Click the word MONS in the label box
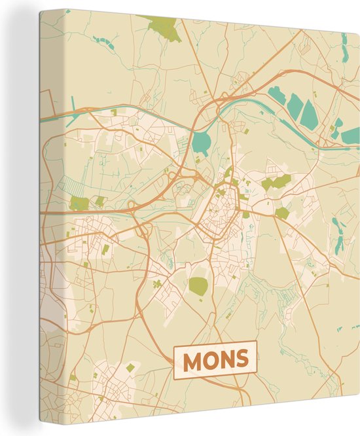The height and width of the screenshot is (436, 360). [x=215, y=359]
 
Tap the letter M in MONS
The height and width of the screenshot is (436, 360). [x=193, y=359]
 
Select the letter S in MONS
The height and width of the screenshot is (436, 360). [x=241, y=359]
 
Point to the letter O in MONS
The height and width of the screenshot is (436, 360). [x=209, y=359]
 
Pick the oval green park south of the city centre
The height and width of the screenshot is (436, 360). [x=198, y=285]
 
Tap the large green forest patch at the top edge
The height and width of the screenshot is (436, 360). [x=164, y=28]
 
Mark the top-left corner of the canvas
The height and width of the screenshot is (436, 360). [x=41, y=11]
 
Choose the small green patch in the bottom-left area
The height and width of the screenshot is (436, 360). [x=131, y=367]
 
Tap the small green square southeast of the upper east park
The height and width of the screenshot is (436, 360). [x=282, y=213]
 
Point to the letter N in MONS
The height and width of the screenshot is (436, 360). [x=226, y=359]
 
